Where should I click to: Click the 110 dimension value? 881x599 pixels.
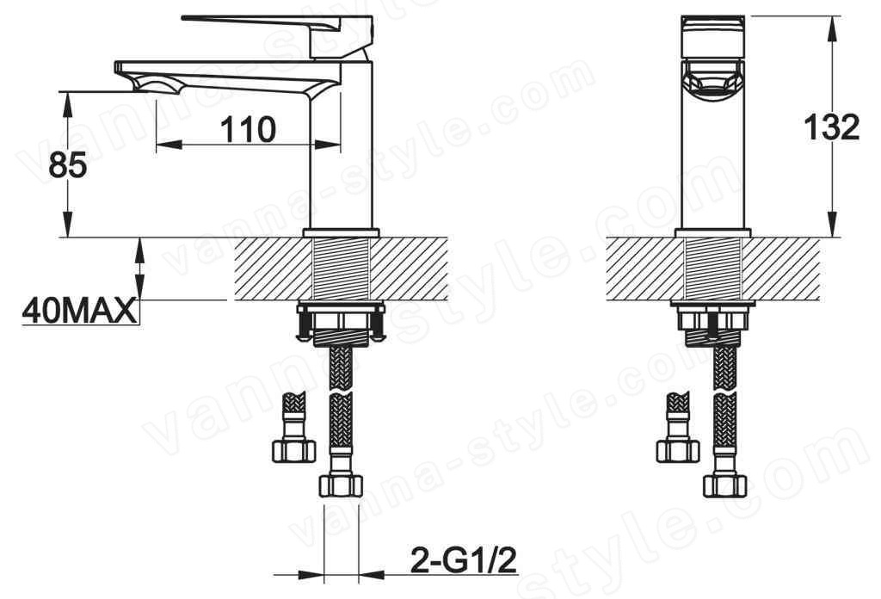248,130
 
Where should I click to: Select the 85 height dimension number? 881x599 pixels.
67,165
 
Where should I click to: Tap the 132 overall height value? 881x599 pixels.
832,127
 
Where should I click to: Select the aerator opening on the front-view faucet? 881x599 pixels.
712,82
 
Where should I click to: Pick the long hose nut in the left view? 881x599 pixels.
341,485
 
